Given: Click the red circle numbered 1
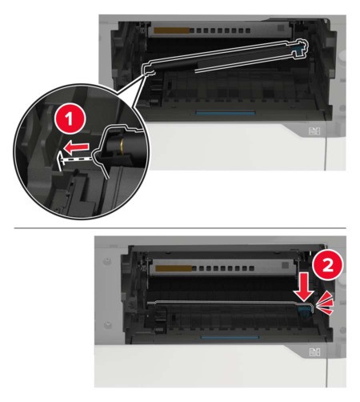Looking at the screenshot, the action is pyautogui.click(x=70, y=119).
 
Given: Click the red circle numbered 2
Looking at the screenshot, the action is pyautogui.click(x=328, y=265).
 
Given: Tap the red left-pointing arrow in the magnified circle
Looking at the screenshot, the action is pyautogui.click(x=77, y=147).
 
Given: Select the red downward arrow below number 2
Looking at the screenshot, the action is pyautogui.click(x=304, y=287).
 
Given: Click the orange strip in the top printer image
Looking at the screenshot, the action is pyautogui.click(x=171, y=30).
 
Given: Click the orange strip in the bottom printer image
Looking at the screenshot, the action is pyautogui.click(x=174, y=268).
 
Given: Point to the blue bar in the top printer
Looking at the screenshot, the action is pyautogui.click(x=226, y=113).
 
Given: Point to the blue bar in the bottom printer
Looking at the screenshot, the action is pyautogui.click(x=230, y=337).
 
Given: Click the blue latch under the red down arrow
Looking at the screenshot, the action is pyautogui.click(x=304, y=310).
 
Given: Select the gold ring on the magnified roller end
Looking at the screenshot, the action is pyautogui.click(x=122, y=143).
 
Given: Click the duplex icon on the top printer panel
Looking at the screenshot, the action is pyautogui.click(x=314, y=131).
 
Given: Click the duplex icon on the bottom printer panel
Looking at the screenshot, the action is pyautogui.click(x=314, y=352).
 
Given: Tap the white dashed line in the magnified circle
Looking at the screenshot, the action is pyautogui.click(x=78, y=159).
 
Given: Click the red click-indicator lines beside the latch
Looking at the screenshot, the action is pyautogui.click(x=325, y=304).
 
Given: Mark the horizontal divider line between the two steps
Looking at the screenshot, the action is pyautogui.click(x=180, y=228).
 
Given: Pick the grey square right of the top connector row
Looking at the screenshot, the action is pyautogui.click(x=281, y=28).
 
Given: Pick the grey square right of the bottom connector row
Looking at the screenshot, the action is pyautogui.click(x=285, y=265).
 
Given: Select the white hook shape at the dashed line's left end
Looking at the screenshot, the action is pyautogui.click(x=61, y=159).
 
